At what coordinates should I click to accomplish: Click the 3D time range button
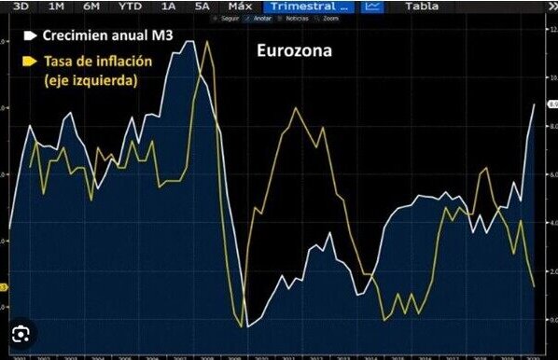click(x=19, y=7)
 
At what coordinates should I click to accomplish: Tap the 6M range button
click(x=91, y=7)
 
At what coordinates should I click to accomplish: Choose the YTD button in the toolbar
click(x=131, y=7)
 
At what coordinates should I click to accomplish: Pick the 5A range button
click(x=202, y=7)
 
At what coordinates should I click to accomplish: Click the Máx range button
click(x=240, y=7)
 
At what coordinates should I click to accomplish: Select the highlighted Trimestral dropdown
click(x=309, y=7)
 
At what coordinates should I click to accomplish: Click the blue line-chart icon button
click(x=372, y=7)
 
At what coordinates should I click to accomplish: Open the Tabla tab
click(x=422, y=7)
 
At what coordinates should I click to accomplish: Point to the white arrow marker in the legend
click(x=30, y=36)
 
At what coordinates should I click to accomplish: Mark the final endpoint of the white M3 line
click(x=535, y=104)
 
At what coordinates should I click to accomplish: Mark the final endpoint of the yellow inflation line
click(x=534, y=285)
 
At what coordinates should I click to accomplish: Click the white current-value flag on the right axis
click(x=551, y=104)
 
